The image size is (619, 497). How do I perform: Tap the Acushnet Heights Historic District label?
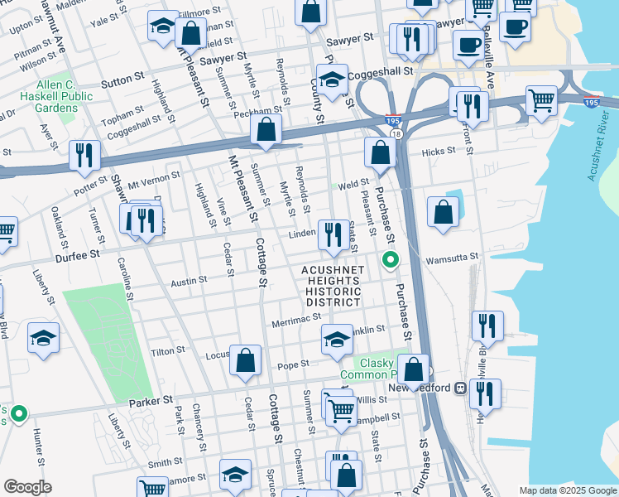[x=331, y=287]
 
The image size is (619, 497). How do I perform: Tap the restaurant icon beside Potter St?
[x=84, y=156]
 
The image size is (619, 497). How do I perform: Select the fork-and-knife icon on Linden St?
[x=333, y=234]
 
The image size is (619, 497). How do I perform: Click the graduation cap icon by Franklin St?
[x=337, y=339]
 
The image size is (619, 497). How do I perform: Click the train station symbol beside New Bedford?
[x=458, y=388]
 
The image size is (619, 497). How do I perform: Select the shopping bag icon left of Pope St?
[x=246, y=360]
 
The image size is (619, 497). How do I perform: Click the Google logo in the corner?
[x=28, y=487]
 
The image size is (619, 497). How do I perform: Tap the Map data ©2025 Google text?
[x=567, y=490]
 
